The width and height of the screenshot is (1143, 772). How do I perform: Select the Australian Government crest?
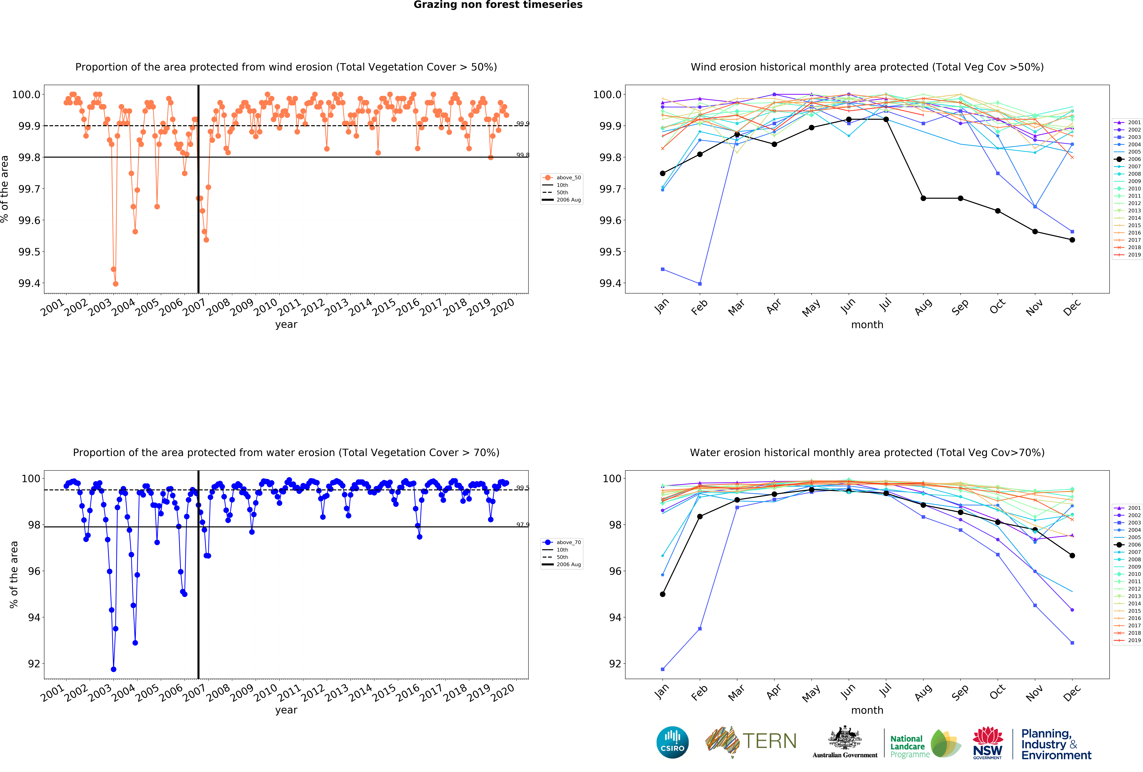pyautogui.click(x=844, y=738)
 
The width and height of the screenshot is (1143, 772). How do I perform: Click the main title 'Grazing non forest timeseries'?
pyautogui.click(x=498, y=5)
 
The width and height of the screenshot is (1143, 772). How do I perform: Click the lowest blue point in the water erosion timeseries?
pyautogui.click(x=114, y=669)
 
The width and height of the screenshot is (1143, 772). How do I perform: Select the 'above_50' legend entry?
pyautogui.click(x=562, y=178)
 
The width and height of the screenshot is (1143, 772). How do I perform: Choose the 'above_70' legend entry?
pyautogui.click(x=562, y=542)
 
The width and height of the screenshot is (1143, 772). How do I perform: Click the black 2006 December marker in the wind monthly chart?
pyautogui.click(x=1072, y=240)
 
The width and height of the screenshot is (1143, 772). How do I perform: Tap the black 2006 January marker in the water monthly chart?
pyautogui.click(x=662, y=594)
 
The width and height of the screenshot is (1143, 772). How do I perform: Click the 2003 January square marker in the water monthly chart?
pyautogui.click(x=662, y=669)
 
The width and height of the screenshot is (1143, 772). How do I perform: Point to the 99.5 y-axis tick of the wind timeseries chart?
pyautogui.click(x=30, y=252)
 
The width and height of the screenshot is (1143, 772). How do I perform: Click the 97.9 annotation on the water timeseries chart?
pyautogui.click(x=522, y=525)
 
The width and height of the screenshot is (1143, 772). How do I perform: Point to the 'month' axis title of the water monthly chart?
pyautogui.click(x=867, y=710)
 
